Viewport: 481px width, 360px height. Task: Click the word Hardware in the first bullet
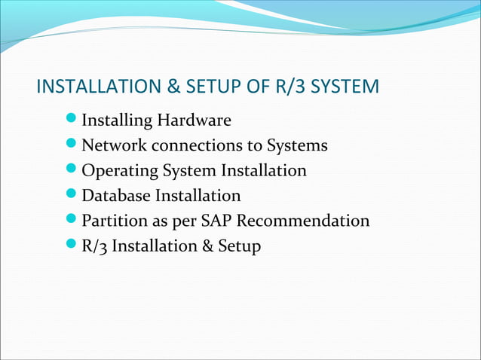(195, 121)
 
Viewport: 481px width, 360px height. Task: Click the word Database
(116, 196)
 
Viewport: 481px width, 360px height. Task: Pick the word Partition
(113, 221)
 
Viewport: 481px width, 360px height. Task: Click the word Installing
(115, 121)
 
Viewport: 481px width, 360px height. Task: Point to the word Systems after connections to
(300, 145)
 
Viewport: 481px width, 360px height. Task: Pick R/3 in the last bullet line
(95, 246)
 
